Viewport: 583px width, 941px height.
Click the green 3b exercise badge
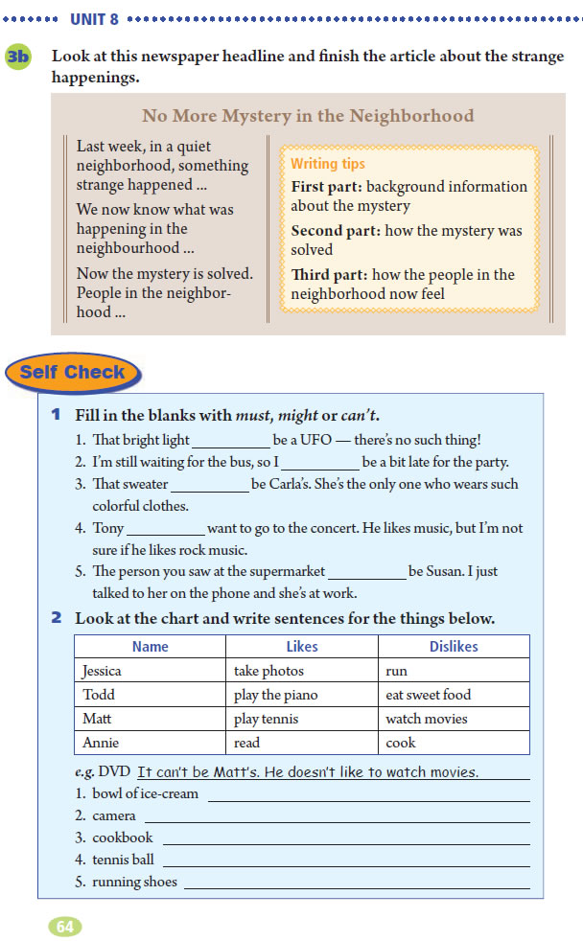18,57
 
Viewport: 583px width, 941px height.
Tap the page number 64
65,927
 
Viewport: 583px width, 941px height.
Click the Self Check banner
73,372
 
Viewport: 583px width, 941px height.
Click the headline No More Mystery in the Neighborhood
308,116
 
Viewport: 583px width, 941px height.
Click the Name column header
150,647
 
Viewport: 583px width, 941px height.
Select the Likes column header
301,647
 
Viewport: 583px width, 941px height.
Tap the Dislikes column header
454,647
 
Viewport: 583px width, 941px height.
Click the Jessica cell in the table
102,671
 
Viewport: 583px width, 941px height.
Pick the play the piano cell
276,695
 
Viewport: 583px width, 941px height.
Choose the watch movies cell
427,719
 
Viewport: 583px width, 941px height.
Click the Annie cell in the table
100,743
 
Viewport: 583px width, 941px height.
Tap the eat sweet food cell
429,695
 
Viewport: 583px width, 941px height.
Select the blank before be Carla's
210,486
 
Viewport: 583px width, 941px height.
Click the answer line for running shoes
356,884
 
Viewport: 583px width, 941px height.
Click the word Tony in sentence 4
108,528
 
